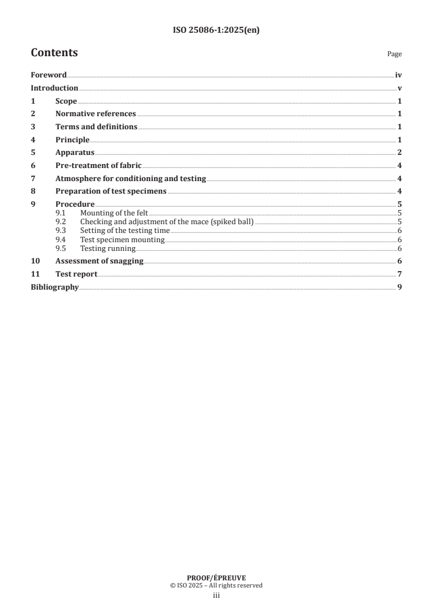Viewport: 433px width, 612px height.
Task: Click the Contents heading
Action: pyautogui.click(x=54, y=53)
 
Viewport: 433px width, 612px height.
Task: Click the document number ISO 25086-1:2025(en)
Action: pyautogui.click(x=216, y=31)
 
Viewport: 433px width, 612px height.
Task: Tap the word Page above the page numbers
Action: pyautogui.click(x=394, y=54)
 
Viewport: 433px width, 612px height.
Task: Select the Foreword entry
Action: pyautogui.click(x=49, y=75)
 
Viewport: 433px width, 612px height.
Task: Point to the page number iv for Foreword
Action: pyautogui.click(x=399, y=75)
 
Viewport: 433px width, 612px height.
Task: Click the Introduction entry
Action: pyautogui.click(x=54, y=88)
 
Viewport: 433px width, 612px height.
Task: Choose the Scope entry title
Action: pyautogui.click(x=66, y=101)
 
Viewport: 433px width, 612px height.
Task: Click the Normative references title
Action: pyautogui.click(x=96, y=114)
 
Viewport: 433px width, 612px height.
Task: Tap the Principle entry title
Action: pyautogui.click(x=72, y=140)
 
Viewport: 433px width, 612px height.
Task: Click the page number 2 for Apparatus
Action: pyautogui.click(x=400, y=152)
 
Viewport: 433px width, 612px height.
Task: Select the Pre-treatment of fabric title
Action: pyautogui.click(x=98, y=165)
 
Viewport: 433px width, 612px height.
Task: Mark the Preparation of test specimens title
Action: pyautogui.click(x=111, y=191)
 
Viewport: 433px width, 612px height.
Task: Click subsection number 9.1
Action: pyautogui.click(x=61, y=213)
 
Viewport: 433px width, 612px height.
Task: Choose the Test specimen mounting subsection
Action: pyautogui.click(x=122, y=239)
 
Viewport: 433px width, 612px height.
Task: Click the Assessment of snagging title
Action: pyautogui.click(x=99, y=261)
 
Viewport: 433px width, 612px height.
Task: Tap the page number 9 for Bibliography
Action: pyautogui.click(x=400, y=287)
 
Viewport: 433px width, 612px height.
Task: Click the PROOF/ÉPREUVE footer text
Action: pyautogui.click(x=216, y=577)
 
